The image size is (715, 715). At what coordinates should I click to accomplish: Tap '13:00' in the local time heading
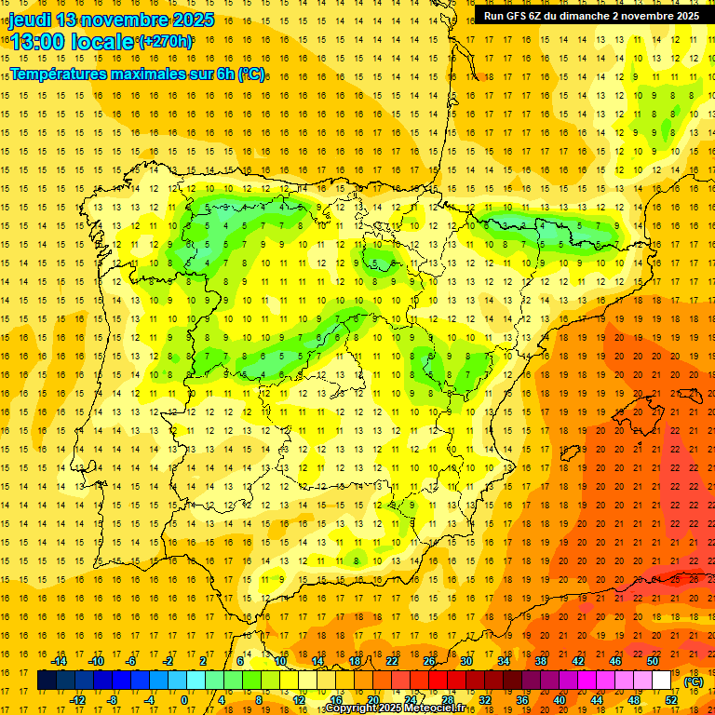pyautogui.click(x=38, y=41)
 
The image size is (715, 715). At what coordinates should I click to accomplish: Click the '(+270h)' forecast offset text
pyautogui.click(x=166, y=41)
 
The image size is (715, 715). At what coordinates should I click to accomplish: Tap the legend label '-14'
pyautogui.click(x=60, y=661)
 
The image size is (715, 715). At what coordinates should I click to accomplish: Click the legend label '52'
pyautogui.click(x=671, y=699)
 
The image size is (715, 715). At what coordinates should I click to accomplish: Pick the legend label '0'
pyautogui.click(x=184, y=699)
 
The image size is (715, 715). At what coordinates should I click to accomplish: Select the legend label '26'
pyautogui.click(x=429, y=661)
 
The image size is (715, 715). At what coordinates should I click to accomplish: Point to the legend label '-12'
pyautogui.click(x=78, y=699)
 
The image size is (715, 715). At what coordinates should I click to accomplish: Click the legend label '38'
pyautogui.click(x=540, y=661)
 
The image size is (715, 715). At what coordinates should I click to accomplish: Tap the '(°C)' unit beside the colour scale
pyautogui.click(x=694, y=681)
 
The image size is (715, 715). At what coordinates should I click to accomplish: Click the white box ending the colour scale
pyautogui.click(x=661, y=681)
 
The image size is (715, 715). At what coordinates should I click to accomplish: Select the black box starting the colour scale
pyautogui.click(x=47, y=681)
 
